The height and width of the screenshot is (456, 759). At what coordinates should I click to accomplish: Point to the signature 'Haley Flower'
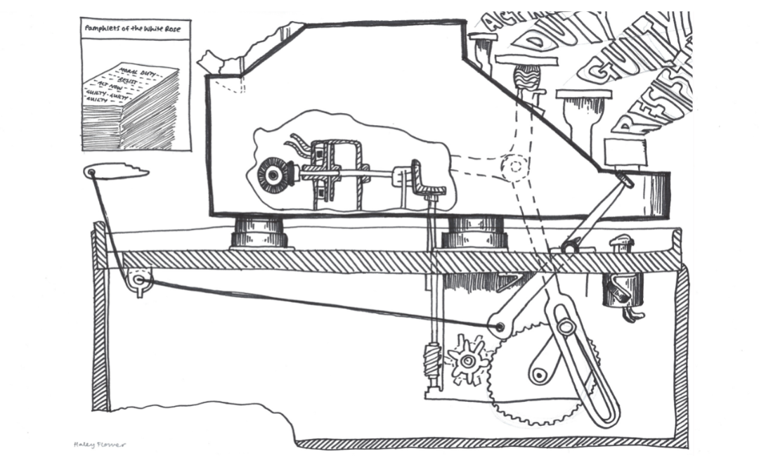[100, 444]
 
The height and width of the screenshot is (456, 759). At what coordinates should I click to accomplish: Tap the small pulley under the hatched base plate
[138, 280]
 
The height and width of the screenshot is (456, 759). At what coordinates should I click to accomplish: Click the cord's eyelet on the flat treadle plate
[93, 171]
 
